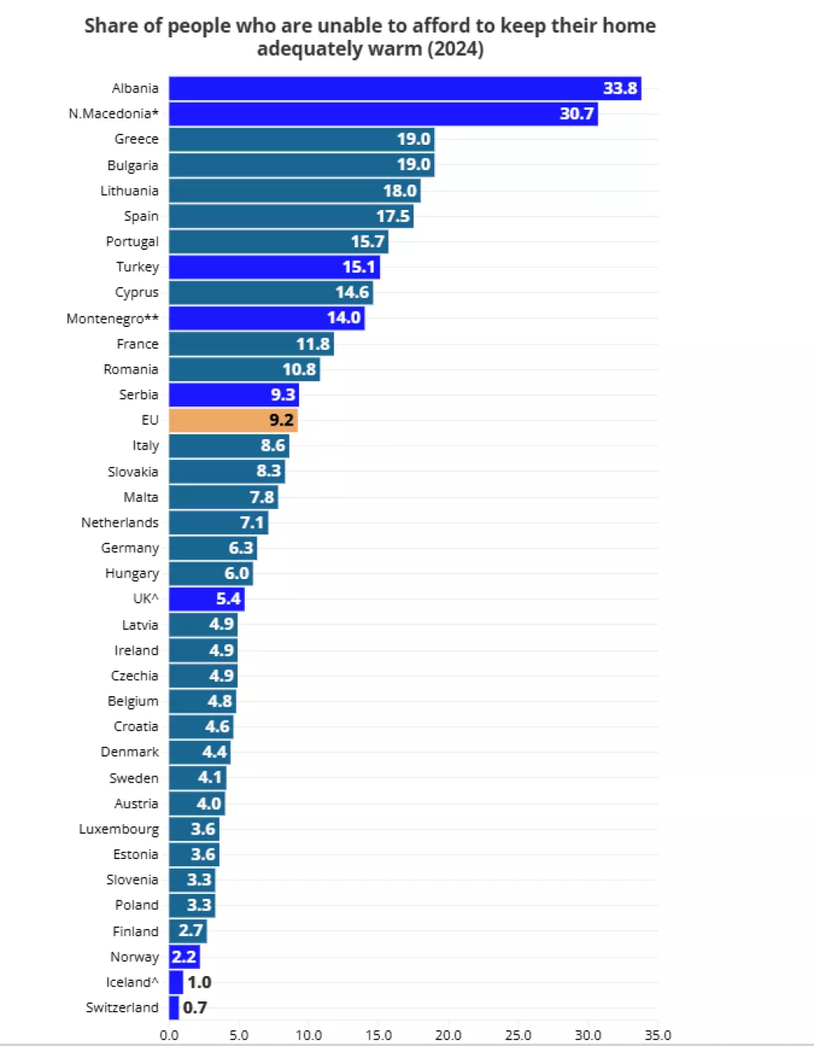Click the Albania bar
pyautogui.click(x=405, y=88)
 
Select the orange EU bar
pyautogui.click(x=233, y=420)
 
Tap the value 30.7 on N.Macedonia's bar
pyautogui.click(x=576, y=114)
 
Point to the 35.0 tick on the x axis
pyautogui.click(x=657, y=1035)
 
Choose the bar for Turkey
pyautogui.click(x=274, y=267)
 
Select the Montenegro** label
pyautogui.click(x=112, y=318)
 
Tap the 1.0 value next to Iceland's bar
pyautogui.click(x=199, y=982)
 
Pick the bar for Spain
pyautogui.click(x=291, y=216)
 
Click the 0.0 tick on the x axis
pyautogui.click(x=169, y=1035)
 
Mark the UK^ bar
pyautogui.click(x=207, y=599)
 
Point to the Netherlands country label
pyautogui.click(x=119, y=523)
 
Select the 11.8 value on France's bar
pyautogui.click(x=312, y=344)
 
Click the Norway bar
pyautogui.click(x=184, y=957)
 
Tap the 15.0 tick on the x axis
pyautogui.click(x=378, y=1035)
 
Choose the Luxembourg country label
pyautogui.click(x=118, y=829)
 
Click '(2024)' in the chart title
pyautogui.click(x=455, y=49)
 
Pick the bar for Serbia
pyautogui.click(x=234, y=395)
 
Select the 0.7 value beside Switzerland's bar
pyautogui.click(x=195, y=1008)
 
